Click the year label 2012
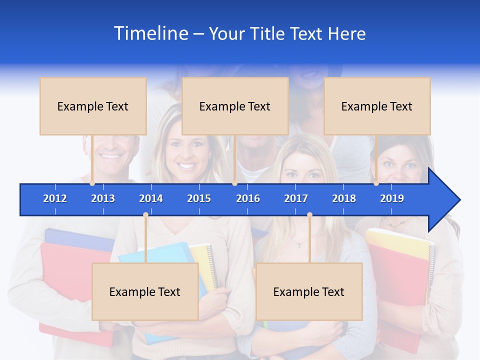(55, 198)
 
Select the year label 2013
(103, 198)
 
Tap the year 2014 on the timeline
(151, 198)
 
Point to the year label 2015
(199, 198)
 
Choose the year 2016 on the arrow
(248, 198)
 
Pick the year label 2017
(296, 198)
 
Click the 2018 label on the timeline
(344, 198)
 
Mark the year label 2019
(392, 198)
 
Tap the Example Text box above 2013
(93, 106)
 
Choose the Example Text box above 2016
(235, 106)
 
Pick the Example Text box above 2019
(377, 106)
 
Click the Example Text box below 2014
(145, 291)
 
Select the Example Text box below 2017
(309, 291)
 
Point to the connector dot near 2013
(92, 183)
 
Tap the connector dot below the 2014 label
(145, 215)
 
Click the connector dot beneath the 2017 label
(309, 215)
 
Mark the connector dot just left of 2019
(376, 183)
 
